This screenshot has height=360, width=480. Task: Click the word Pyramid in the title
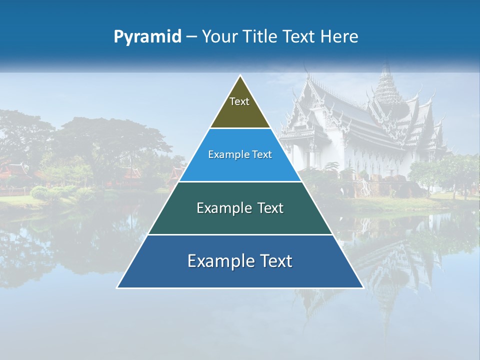tap(147, 36)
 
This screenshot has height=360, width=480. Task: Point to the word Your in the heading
tap(220, 36)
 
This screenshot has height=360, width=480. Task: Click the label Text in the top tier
tap(239, 101)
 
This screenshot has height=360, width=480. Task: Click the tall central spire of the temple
tap(385, 82)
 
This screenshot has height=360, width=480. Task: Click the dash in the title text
tap(191, 36)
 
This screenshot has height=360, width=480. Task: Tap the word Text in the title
tap(300, 36)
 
